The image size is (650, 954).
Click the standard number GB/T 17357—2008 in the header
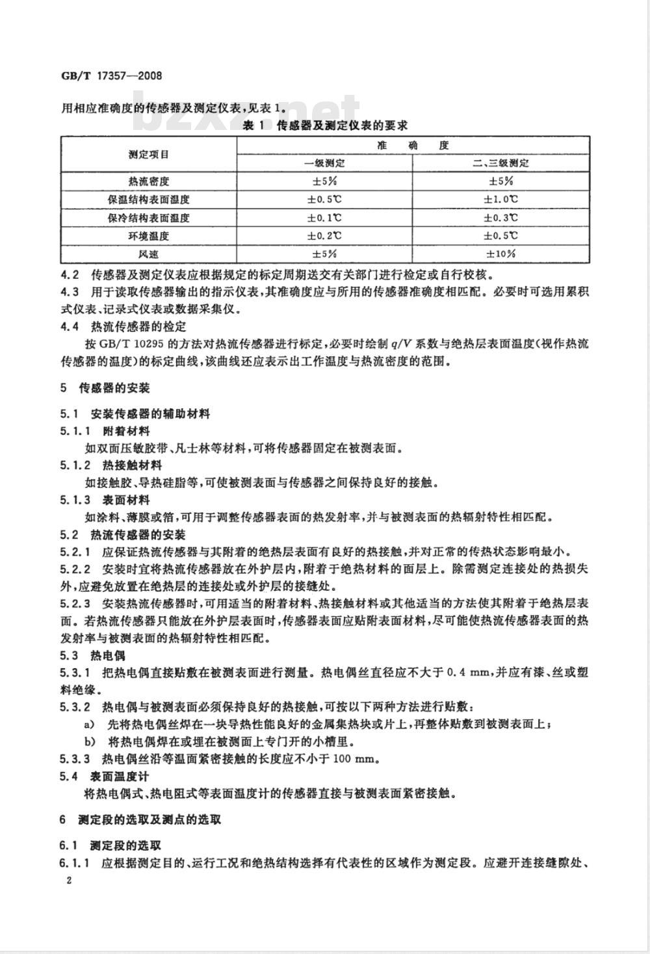110,75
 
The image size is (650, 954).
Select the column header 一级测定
324,162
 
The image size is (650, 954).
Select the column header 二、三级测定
500,162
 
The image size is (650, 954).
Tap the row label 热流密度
149,181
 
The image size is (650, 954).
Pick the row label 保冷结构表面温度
149,218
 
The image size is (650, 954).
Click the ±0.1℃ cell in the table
324,218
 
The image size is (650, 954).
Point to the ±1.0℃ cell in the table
500,200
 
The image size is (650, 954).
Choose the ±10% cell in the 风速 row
500,253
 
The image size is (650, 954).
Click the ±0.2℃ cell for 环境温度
324,235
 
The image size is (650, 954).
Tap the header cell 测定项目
149,154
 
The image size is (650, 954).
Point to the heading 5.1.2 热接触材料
111,465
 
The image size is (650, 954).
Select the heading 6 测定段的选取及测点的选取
140,819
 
